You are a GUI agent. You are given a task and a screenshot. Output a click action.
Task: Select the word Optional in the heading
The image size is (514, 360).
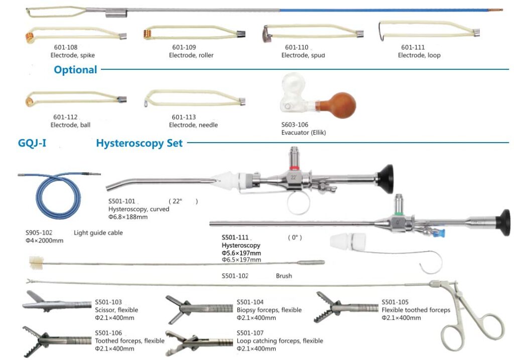75,70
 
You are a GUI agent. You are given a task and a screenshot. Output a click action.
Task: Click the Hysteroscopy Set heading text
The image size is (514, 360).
139,143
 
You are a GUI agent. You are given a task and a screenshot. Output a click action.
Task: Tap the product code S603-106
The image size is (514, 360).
295,125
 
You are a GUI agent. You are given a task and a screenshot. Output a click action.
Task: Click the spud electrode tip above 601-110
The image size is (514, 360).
266,35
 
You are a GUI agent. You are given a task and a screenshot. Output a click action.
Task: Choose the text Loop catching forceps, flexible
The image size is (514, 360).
280,341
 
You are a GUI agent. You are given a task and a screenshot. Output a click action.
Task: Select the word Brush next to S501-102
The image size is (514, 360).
284,276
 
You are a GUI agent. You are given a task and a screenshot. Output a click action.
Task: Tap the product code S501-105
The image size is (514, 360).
395,302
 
